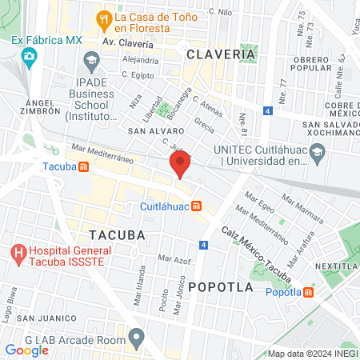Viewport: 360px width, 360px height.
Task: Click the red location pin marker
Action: point(179,166)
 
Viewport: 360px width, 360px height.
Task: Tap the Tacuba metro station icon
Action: point(83,167)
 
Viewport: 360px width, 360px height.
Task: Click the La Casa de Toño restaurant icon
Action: point(103,17)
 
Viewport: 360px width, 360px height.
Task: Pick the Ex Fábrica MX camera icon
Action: point(30,55)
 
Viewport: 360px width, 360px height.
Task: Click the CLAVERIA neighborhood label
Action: point(222,54)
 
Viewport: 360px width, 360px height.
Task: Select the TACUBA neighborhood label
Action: point(118,235)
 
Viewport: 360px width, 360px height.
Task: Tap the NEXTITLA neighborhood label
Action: point(336,266)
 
